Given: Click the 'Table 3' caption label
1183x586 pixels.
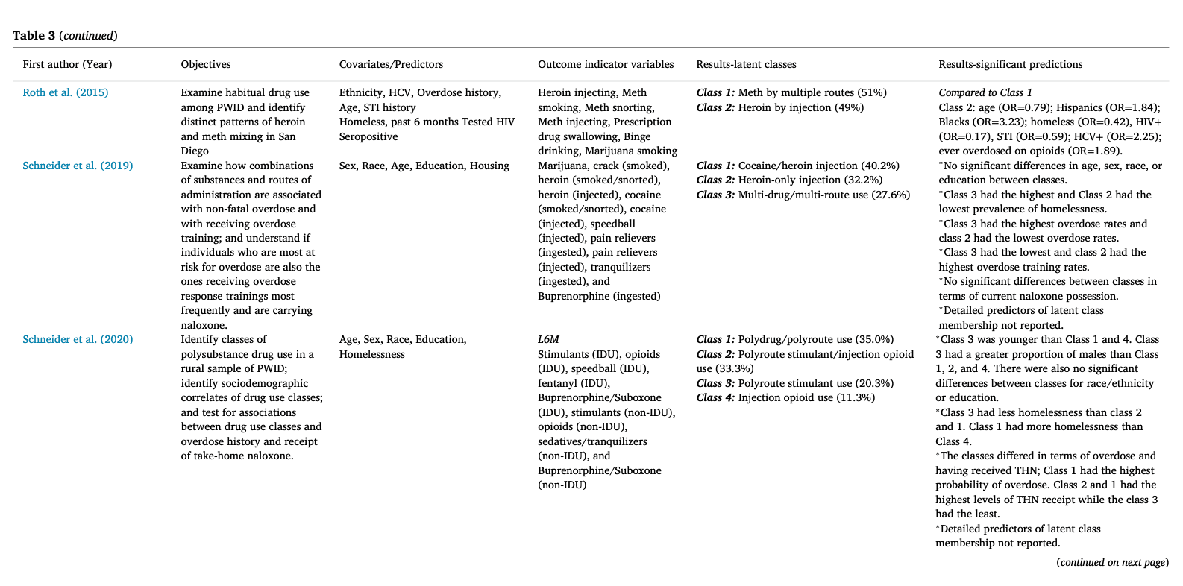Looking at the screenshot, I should point(29,36).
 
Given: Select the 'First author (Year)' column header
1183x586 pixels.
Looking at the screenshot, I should point(67,64).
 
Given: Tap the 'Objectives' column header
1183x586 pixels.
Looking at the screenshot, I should point(206,64).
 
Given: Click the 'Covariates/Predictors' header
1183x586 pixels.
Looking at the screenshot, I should point(391,64).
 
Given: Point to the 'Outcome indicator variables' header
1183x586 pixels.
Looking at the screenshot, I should point(606,64).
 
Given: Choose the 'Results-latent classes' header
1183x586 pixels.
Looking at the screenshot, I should point(746,64).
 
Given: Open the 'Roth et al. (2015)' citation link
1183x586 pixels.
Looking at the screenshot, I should point(66,93).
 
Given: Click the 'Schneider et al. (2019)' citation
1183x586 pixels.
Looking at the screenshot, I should point(78,166).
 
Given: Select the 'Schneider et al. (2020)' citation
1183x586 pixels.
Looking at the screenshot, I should point(78,339).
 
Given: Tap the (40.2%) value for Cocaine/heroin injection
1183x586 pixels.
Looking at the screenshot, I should point(880,166).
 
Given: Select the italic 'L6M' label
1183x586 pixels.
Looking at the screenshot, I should point(548,339).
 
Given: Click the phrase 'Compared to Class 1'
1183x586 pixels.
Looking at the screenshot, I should point(985,93).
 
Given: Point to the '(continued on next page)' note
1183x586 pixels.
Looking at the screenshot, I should point(1112,563).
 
